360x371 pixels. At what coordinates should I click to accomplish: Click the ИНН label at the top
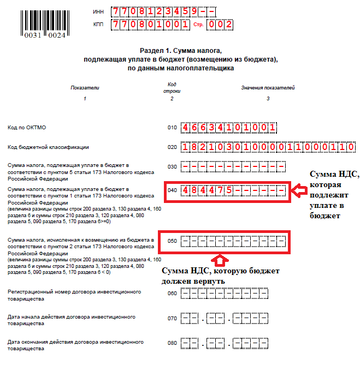[x=98, y=11]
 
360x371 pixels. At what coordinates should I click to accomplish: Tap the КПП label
[x=98, y=25]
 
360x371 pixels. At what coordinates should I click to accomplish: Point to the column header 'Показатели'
[x=85, y=87]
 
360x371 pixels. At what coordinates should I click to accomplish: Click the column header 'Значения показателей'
[x=268, y=87]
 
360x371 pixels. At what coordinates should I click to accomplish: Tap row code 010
[x=172, y=128]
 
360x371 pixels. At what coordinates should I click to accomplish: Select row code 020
[x=172, y=147]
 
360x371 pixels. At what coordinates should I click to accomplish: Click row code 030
[x=172, y=166]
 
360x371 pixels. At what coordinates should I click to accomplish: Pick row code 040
[x=173, y=190]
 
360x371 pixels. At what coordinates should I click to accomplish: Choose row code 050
[x=173, y=241]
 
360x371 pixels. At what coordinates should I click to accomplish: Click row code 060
[x=172, y=294]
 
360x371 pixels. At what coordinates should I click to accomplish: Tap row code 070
[x=172, y=319]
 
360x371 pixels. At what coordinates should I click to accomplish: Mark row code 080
[x=172, y=344]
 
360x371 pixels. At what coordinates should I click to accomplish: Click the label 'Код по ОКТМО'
[x=27, y=128]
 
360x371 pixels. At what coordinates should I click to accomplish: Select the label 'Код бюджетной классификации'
[x=48, y=147]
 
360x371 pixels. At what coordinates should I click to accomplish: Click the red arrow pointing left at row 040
[x=298, y=191]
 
